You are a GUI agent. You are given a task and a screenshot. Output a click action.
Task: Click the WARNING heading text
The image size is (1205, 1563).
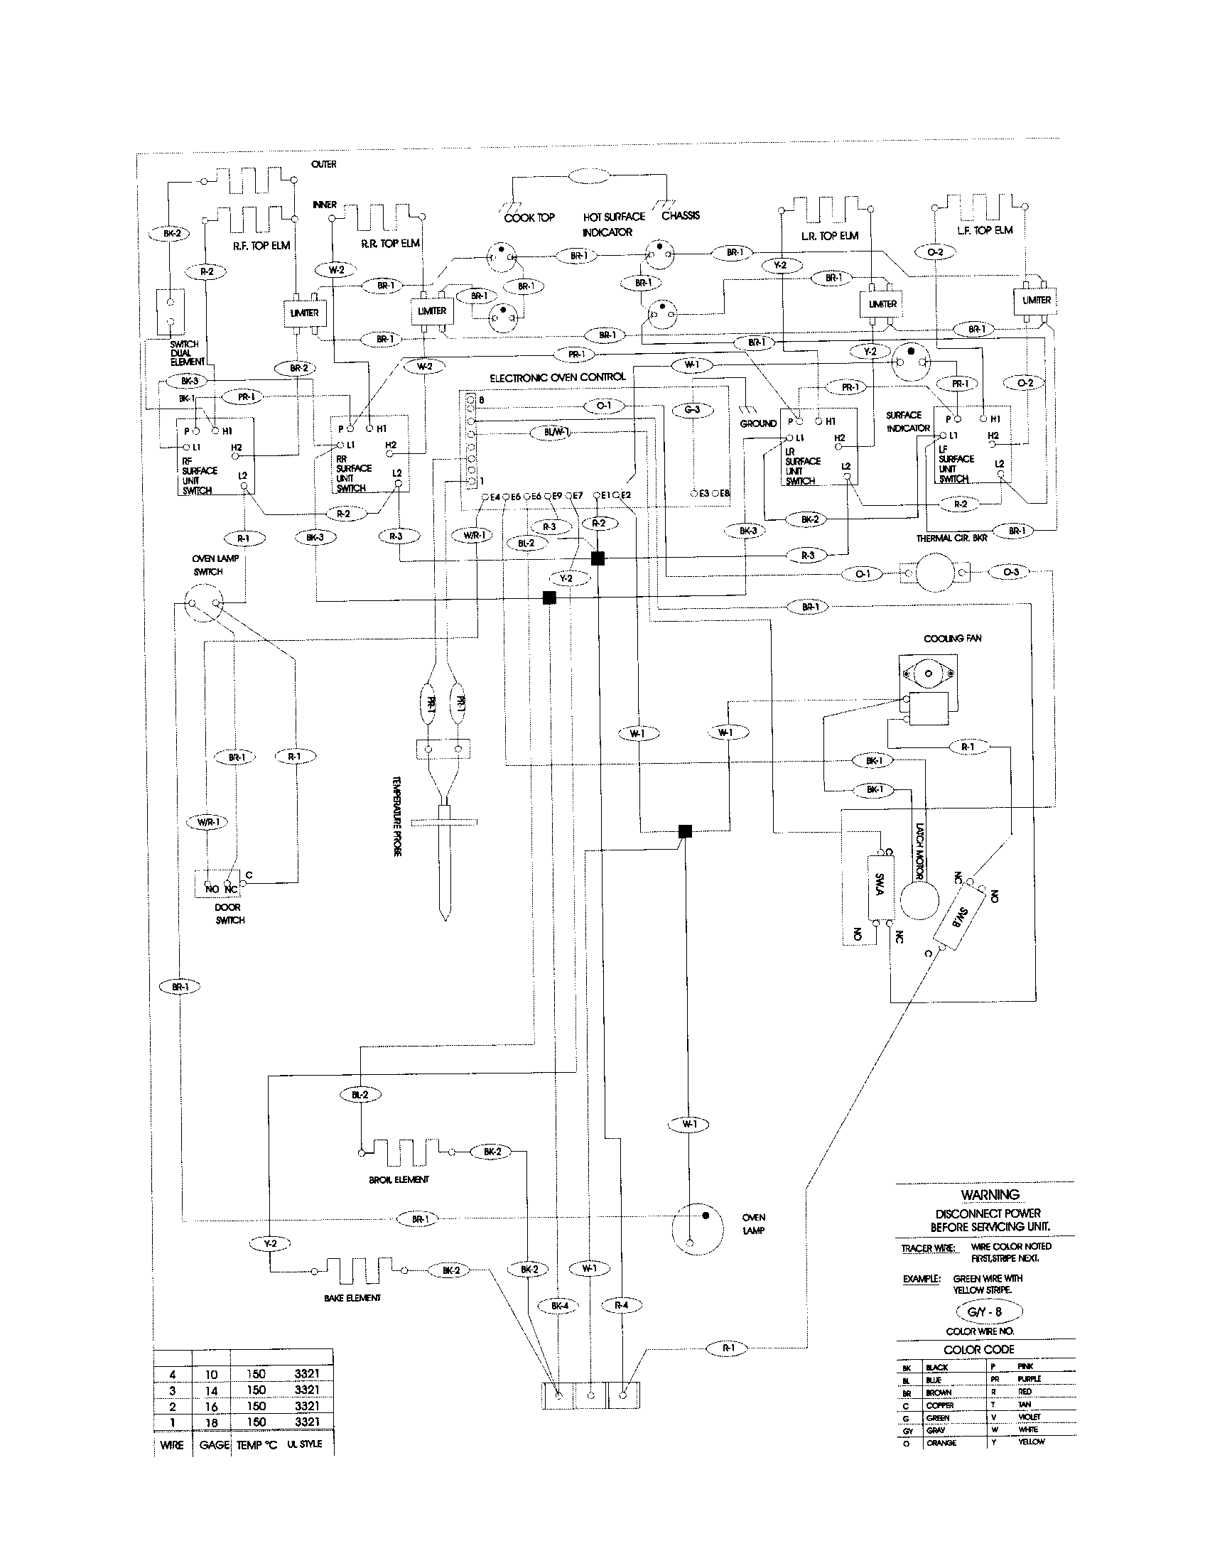pos(990,1194)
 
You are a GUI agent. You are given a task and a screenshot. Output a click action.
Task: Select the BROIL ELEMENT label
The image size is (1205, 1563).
pos(399,1179)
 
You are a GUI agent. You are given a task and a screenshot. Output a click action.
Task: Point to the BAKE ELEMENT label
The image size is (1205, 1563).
pos(352,1297)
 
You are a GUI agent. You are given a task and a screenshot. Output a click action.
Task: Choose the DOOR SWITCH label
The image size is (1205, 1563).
pos(229,913)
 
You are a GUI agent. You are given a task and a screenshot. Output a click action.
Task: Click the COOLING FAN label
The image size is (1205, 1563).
pos(952,638)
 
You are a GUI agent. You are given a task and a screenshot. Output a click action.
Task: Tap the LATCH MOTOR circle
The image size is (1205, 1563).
pos(919,899)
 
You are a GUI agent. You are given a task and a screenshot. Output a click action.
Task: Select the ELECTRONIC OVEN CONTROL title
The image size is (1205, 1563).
pos(558,377)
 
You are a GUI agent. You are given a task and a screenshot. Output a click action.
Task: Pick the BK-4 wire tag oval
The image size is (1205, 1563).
pos(560,1305)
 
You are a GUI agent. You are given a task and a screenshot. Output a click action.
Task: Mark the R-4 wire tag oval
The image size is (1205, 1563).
pos(621,1305)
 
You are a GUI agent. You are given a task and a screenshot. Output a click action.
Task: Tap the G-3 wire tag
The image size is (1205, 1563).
pos(692,409)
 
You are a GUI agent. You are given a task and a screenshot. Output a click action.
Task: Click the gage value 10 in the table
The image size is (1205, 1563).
pos(211,1374)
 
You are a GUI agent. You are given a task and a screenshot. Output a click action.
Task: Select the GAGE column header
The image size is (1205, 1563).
pos(214,1444)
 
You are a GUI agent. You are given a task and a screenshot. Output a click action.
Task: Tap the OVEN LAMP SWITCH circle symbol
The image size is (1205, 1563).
pos(203,602)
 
